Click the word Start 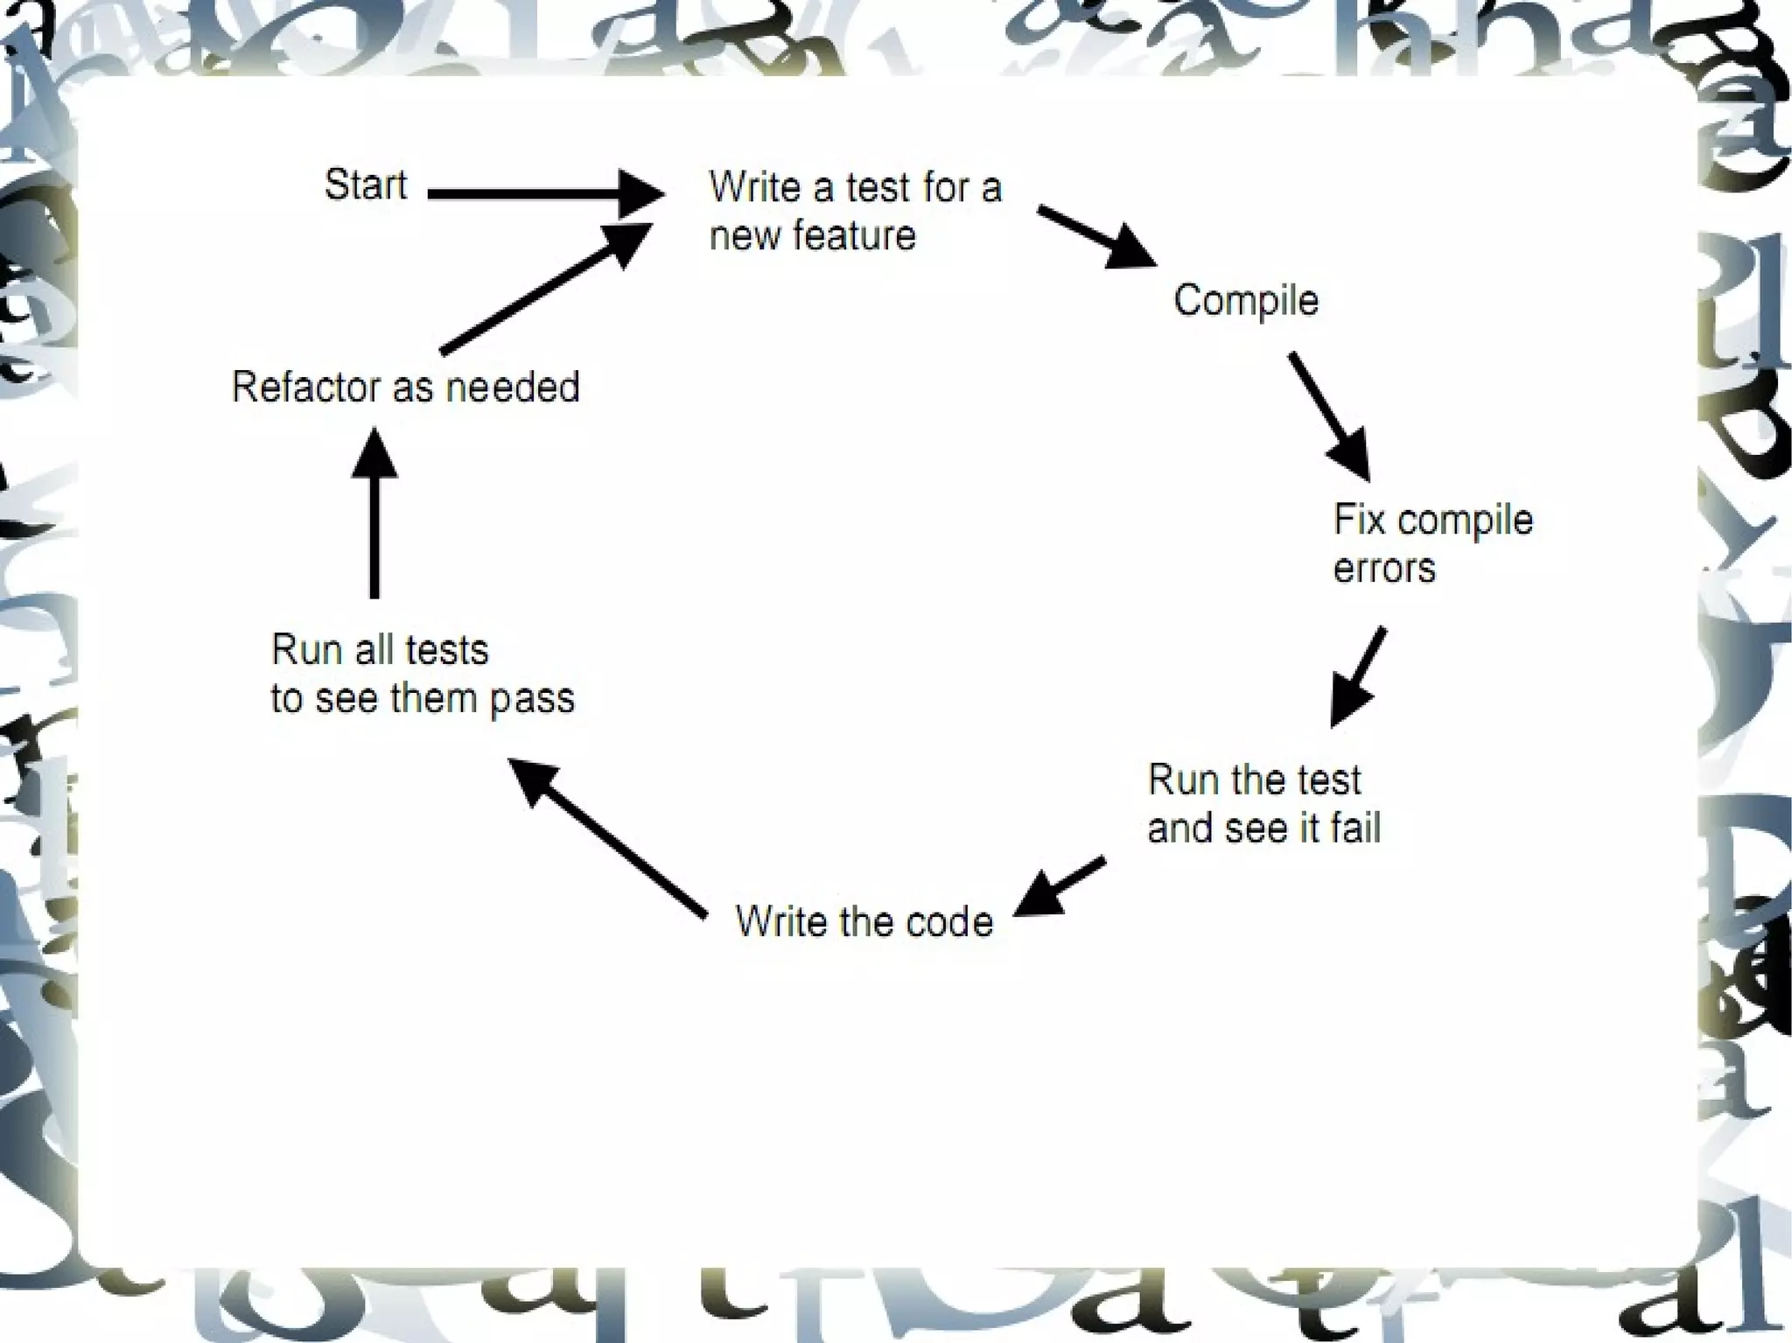365,185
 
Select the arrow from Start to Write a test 542,193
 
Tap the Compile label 1245,301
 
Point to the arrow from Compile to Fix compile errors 1327,416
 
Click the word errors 1383,569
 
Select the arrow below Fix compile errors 1358,675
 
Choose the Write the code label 864,922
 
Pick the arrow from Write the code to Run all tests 608,837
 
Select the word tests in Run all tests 447,651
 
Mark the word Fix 1360,521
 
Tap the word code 949,922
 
